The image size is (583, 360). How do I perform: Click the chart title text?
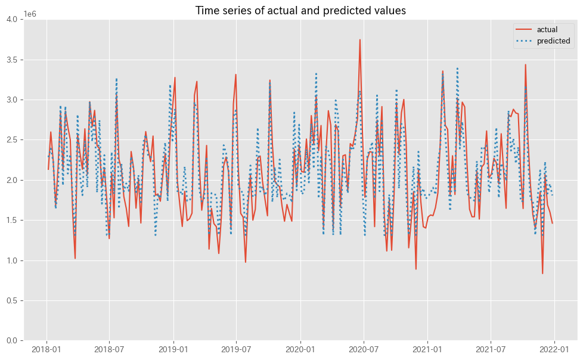pos(300,10)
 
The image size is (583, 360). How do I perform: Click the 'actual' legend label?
pos(547,30)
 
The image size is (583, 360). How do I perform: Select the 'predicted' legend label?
pos(553,41)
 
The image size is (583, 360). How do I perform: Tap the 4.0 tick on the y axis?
pos(12,20)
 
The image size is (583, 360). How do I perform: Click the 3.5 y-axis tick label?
pos(12,60)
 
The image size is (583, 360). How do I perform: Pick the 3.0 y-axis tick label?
pos(12,100)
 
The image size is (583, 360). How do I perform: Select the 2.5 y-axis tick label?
pos(12,140)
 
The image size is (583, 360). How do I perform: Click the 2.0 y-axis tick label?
pos(12,180)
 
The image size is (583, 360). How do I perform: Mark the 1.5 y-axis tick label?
pos(12,220)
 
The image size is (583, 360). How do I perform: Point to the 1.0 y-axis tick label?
pos(12,260)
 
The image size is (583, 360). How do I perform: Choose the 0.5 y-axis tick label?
pos(12,300)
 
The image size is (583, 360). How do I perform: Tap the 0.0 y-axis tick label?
pos(12,340)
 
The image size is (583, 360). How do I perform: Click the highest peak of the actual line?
pos(360,40)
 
